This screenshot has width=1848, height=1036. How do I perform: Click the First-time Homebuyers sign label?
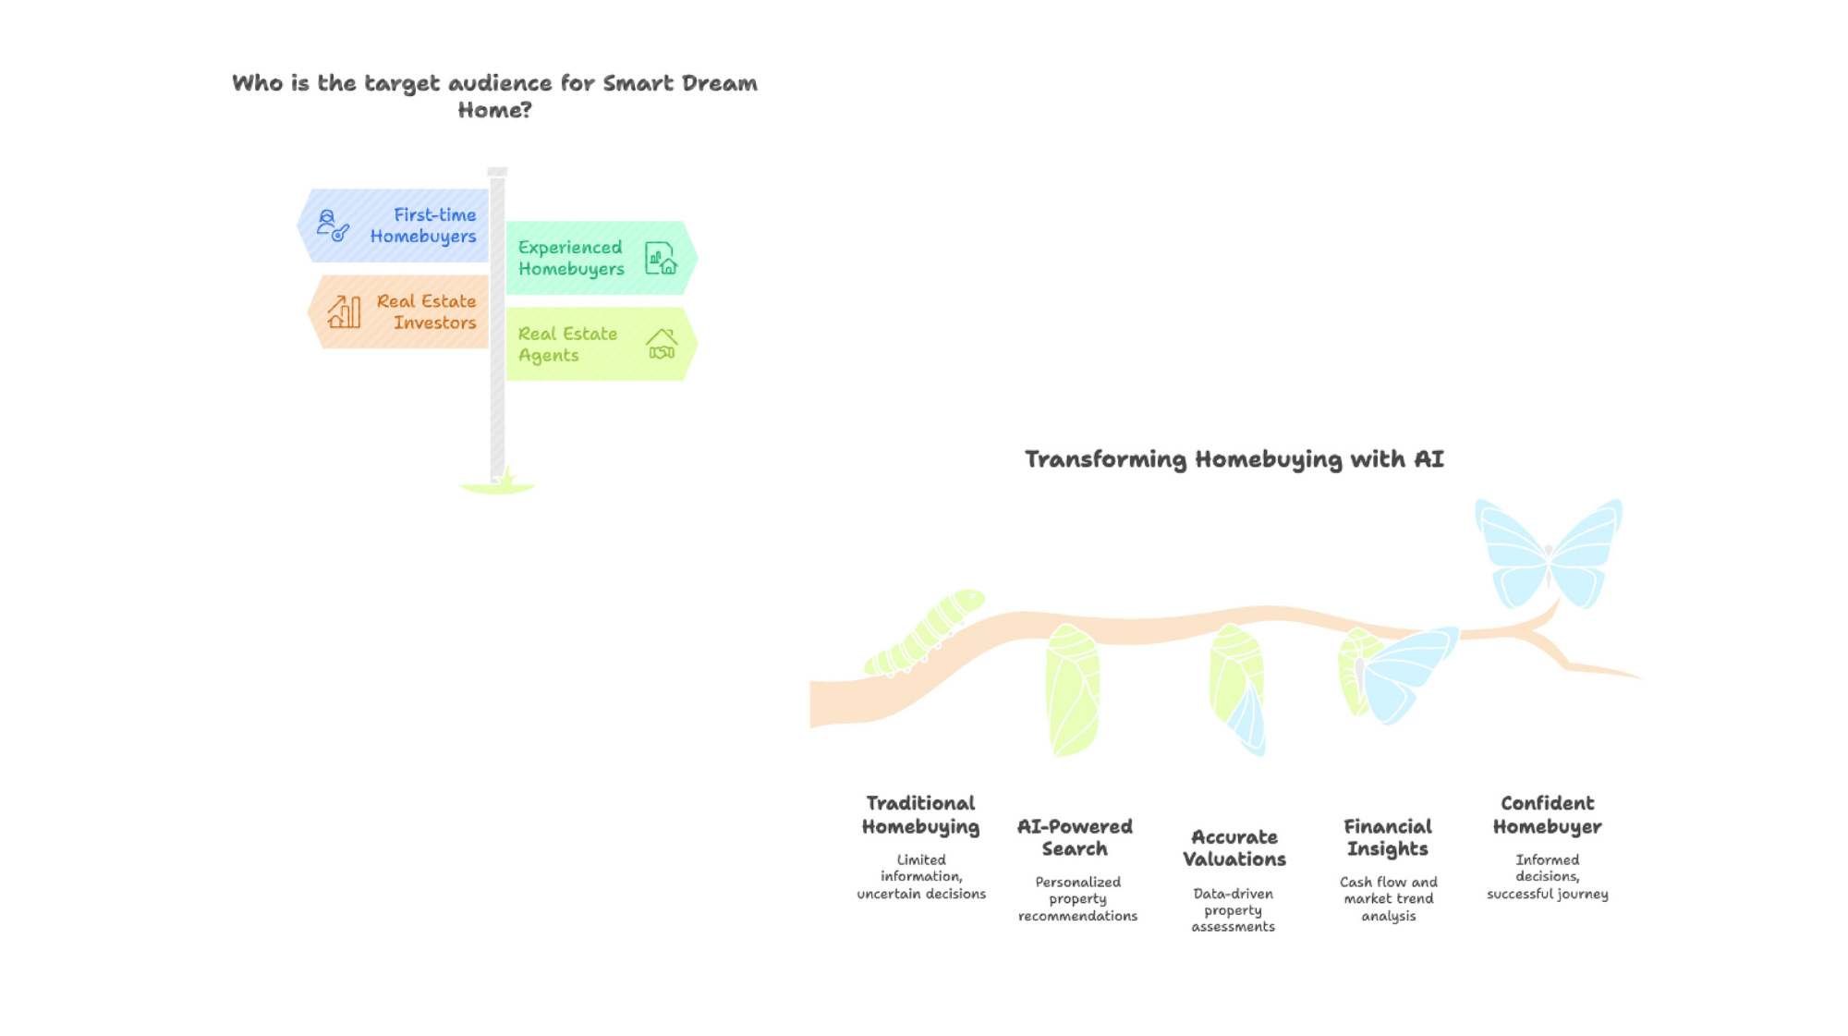point(423,225)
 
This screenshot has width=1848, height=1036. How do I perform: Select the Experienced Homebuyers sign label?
point(571,258)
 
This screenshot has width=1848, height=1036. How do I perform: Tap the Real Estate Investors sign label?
point(426,311)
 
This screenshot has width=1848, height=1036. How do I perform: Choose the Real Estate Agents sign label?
point(567,344)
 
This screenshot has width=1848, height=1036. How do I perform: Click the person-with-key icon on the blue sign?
point(333,225)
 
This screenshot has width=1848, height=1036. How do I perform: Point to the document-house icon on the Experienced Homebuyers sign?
point(662,258)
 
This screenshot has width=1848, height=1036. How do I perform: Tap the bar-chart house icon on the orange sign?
point(344,311)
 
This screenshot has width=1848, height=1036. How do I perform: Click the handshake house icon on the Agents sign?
point(662,344)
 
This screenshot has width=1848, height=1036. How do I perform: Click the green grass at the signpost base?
point(498,484)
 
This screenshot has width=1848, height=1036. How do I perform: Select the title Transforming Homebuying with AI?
point(1234,459)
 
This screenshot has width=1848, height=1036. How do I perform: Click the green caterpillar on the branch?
point(925,632)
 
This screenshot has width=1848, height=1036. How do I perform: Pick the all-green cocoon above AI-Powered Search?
point(1073,690)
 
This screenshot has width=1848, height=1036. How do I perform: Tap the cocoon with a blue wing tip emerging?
point(1237,689)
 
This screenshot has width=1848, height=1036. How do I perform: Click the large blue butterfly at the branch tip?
point(1549,554)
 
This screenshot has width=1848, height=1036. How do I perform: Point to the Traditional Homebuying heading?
point(920,815)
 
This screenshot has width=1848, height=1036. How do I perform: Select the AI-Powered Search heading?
point(1075,837)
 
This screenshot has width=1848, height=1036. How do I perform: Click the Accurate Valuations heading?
point(1234,848)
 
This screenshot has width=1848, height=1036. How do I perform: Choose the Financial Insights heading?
point(1388,837)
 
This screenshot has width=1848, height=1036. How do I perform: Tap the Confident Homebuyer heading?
point(1548,815)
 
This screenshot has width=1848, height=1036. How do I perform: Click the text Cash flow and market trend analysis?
point(1389,899)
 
